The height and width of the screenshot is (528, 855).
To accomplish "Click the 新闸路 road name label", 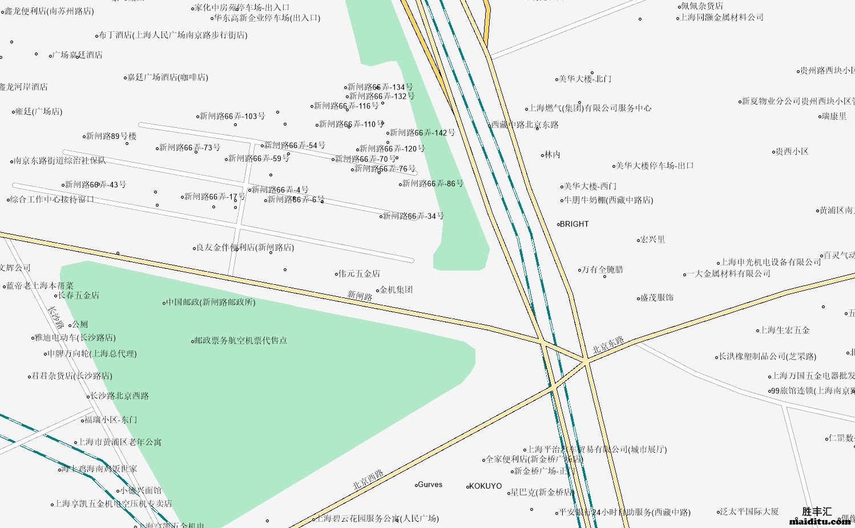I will [360, 296].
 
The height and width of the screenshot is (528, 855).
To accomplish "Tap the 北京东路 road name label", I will [608, 345].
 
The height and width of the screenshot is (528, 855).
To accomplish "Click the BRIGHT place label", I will [574, 224].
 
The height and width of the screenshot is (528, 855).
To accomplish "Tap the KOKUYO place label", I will [485, 486].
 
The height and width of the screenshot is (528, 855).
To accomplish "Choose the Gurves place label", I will [430, 485].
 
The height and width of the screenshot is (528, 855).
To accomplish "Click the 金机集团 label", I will [396, 290].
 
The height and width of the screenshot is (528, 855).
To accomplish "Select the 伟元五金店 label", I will [359, 274].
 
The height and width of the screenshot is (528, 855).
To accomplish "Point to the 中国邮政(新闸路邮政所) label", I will [211, 302].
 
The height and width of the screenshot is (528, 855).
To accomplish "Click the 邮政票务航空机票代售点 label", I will [241, 341].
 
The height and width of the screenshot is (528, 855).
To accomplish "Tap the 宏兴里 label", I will [652, 240].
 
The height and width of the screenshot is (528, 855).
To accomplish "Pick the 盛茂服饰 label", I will [657, 298].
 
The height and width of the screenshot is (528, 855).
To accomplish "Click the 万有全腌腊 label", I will [602, 269].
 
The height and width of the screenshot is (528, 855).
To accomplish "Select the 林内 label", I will [552, 155].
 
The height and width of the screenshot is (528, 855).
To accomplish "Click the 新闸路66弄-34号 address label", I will [413, 216].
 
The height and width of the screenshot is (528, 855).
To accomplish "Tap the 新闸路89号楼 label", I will [111, 136].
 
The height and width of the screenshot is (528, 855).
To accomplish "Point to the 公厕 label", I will [80, 325].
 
